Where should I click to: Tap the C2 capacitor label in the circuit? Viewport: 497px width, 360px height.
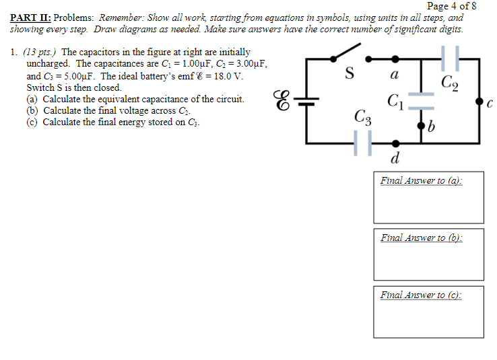point(450,83)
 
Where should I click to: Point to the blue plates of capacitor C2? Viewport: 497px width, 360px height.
point(449,58)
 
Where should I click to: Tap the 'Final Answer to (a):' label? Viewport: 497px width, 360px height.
point(422,180)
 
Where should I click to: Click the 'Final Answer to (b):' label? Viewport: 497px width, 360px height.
point(422,238)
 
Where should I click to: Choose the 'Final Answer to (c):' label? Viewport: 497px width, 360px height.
point(422,295)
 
